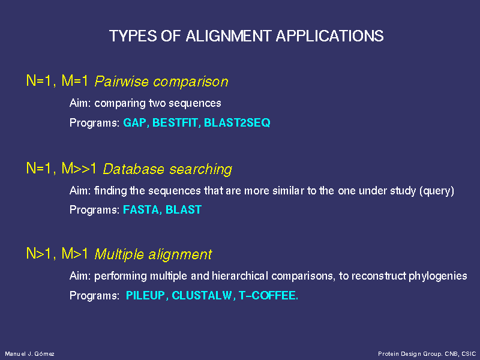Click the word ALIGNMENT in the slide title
point(228,36)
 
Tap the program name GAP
point(134,123)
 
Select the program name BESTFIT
point(175,123)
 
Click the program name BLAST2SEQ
point(237,123)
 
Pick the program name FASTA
point(141,209)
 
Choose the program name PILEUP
point(145,295)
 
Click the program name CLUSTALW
point(202,295)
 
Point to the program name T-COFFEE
point(267,295)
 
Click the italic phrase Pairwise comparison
point(161,82)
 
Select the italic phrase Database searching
point(167,169)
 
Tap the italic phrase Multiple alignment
point(153,254)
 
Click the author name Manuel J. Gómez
point(29,354)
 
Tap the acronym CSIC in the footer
point(469,354)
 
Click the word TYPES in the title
point(133,36)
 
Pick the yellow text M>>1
point(79,169)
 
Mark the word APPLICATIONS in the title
point(329,36)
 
